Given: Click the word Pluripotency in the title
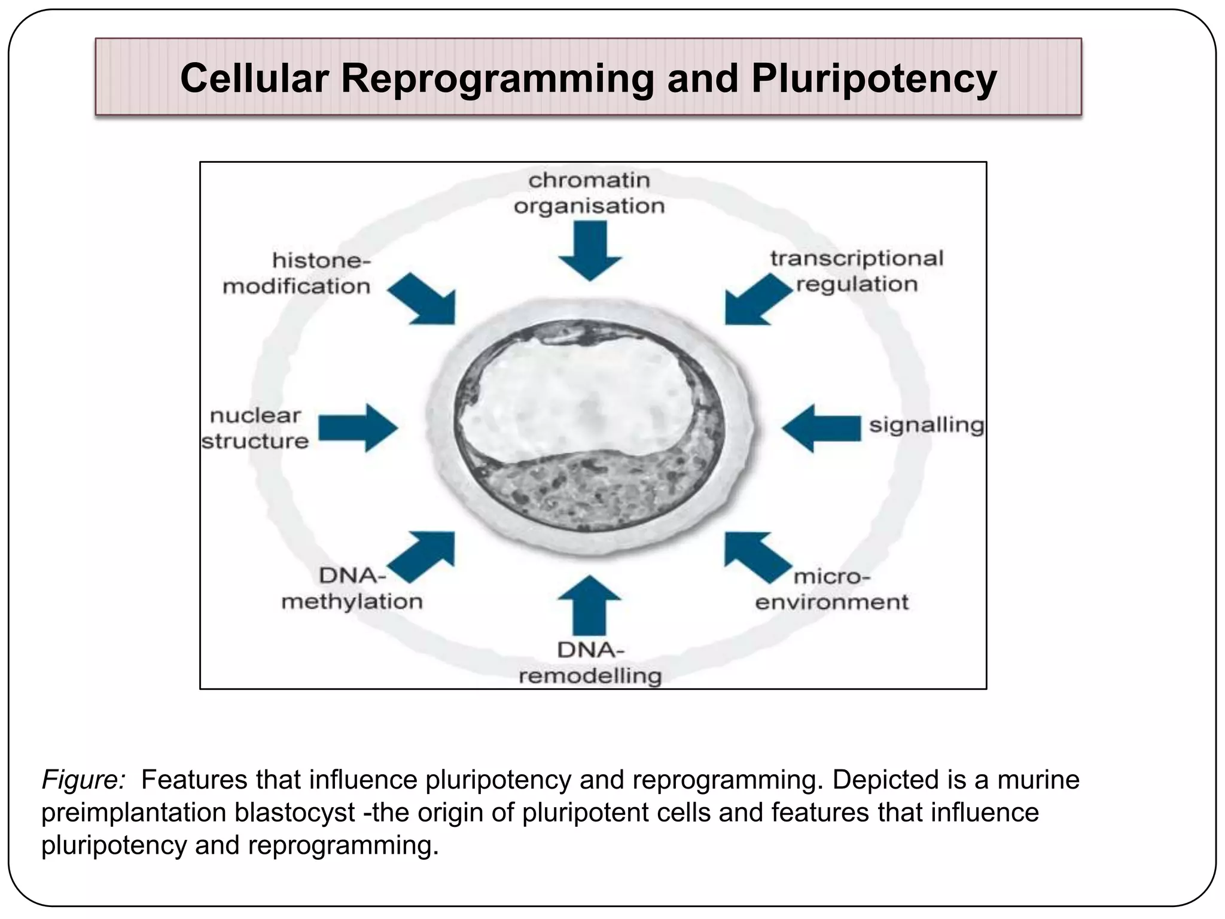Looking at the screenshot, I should [x=874, y=79].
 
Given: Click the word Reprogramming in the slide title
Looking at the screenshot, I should [x=497, y=79].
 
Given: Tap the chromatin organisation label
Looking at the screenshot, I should [x=589, y=193].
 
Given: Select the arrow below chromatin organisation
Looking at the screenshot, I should [x=590, y=251].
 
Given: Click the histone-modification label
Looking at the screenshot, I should [x=297, y=273].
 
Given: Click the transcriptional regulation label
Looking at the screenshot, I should [x=857, y=271].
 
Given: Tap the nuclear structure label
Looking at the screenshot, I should [x=255, y=428].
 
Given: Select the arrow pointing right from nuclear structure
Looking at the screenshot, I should [x=358, y=428].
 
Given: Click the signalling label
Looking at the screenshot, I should [x=926, y=425].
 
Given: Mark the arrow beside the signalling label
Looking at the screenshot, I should [x=822, y=428].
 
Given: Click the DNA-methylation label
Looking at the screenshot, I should [x=352, y=588].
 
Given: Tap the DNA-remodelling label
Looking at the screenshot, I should [x=590, y=663].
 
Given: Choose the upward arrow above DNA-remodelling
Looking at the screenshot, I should [x=590, y=605].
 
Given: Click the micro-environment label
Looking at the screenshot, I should [x=831, y=589].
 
